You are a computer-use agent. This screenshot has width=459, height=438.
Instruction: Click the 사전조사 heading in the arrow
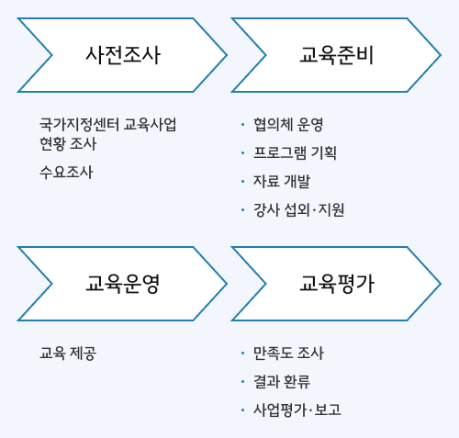tap(123, 55)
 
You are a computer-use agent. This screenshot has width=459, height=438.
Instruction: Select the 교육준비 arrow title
tap(337, 55)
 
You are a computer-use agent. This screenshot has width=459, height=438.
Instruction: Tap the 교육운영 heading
tap(123, 284)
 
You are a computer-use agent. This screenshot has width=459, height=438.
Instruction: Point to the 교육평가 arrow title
tap(337, 284)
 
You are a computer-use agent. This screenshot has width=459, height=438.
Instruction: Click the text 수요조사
tap(66, 172)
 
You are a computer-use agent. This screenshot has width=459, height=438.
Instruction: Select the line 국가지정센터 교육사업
tap(108, 124)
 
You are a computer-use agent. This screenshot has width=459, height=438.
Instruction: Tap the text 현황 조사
tap(68, 143)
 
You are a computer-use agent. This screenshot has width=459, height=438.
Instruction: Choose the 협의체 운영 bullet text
tap(288, 125)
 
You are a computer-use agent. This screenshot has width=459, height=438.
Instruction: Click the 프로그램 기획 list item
tap(295, 153)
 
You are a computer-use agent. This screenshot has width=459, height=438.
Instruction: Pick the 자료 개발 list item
tap(282, 181)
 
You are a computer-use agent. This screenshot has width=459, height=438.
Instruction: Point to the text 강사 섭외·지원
tap(298, 210)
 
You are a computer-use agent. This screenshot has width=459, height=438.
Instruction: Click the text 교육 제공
tap(68, 354)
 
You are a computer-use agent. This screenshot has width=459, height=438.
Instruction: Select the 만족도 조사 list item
tap(288, 354)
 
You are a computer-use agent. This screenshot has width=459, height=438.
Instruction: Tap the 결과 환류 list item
tap(282, 381)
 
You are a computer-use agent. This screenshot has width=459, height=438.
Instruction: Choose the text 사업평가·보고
tap(297, 410)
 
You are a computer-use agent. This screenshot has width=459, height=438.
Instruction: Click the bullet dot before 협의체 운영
tap(242, 125)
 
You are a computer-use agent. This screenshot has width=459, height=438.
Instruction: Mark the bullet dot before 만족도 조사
tap(242, 354)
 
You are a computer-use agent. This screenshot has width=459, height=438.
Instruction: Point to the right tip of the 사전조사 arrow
tap(227, 55)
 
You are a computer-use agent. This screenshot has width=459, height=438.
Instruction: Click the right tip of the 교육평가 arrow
tap(441, 284)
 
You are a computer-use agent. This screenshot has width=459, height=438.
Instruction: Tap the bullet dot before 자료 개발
tap(242, 182)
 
